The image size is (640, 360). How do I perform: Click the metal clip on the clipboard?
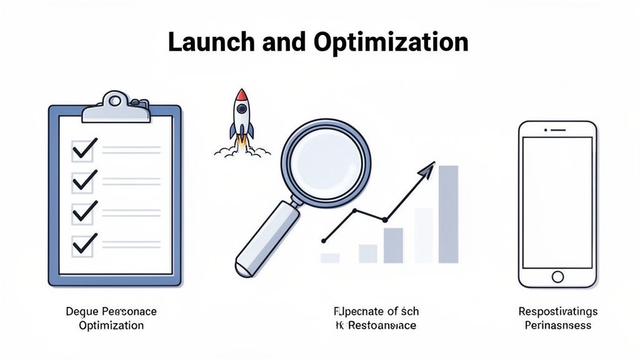[x=116, y=107]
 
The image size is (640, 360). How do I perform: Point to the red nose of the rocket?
[x=242, y=95]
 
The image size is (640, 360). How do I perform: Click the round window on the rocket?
[x=242, y=112]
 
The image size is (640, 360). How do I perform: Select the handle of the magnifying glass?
[x=262, y=239]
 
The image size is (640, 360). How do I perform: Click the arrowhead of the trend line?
[x=427, y=167]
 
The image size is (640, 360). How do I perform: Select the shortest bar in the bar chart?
[x=330, y=257]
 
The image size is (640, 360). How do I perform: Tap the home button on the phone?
[x=557, y=276]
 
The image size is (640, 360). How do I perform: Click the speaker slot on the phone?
[x=557, y=130]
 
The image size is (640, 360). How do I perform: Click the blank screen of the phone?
[x=557, y=200]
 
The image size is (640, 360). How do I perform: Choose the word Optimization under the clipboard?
[x=111, y=326]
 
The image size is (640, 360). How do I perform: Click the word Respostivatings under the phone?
[x=558, y=311]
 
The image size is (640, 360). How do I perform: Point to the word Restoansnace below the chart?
[x=382, y=326]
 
